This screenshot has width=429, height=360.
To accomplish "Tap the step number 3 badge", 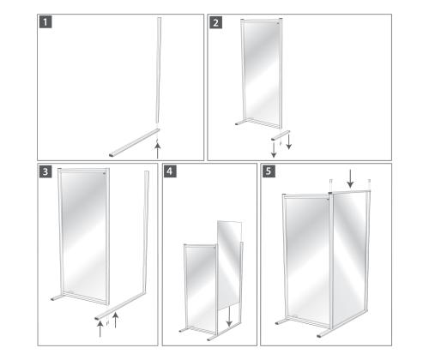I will point(45,171).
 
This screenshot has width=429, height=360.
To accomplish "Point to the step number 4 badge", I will point(171,171).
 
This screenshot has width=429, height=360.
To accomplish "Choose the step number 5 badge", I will point(269,171).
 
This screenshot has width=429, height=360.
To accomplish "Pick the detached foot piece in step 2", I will point(281,135).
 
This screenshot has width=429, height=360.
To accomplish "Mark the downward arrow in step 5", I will point(350,178).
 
